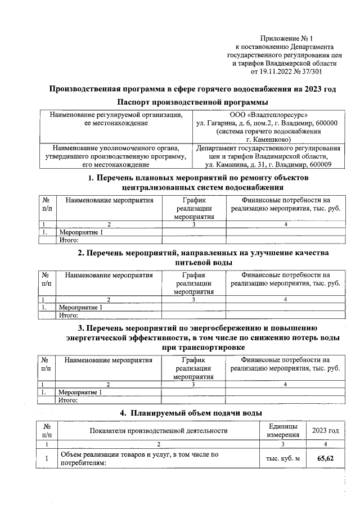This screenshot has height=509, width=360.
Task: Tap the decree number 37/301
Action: [x=312, y=72]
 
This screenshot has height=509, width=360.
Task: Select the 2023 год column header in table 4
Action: [x=326, y=431]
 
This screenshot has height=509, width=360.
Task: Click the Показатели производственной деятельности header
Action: [x=159, y=431]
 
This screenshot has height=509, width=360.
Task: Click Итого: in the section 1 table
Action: [x=68, y=240]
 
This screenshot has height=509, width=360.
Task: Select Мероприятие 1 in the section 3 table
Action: [x=81, y=392]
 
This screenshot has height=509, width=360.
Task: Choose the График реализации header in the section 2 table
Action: [x=193, y=283]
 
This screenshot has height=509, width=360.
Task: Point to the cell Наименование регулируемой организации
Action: [x=116, y=115]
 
